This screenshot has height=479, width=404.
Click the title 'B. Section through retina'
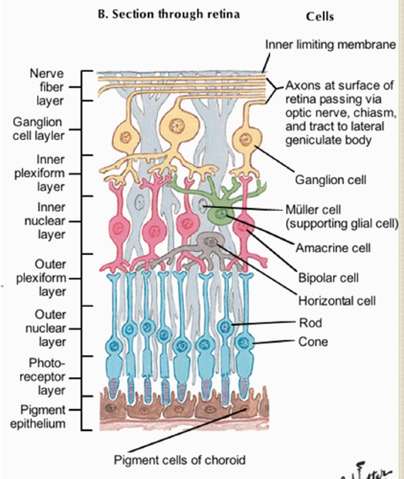[x=169, y=14]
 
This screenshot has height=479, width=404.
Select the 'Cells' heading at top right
[x=320, y=16]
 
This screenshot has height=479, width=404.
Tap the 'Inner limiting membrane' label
[x=330, y=44]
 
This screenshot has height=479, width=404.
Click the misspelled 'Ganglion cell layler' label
[x=38, y=129]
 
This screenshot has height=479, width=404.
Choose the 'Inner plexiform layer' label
[x=40, y=173]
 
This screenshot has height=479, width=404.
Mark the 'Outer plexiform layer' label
[x=40, y=278]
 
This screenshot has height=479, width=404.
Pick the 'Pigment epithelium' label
[x=38, y=416]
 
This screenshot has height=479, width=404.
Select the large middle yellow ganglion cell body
[x=176, y=126]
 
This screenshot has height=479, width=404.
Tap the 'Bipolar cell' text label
[x=328, y=277]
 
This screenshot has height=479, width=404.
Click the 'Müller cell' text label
[x=313, y=210]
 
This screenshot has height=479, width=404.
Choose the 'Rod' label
[x=310, y=322]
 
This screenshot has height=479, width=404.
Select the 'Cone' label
[x=313, y=342]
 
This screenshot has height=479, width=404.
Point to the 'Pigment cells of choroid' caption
[x=179, y=460]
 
